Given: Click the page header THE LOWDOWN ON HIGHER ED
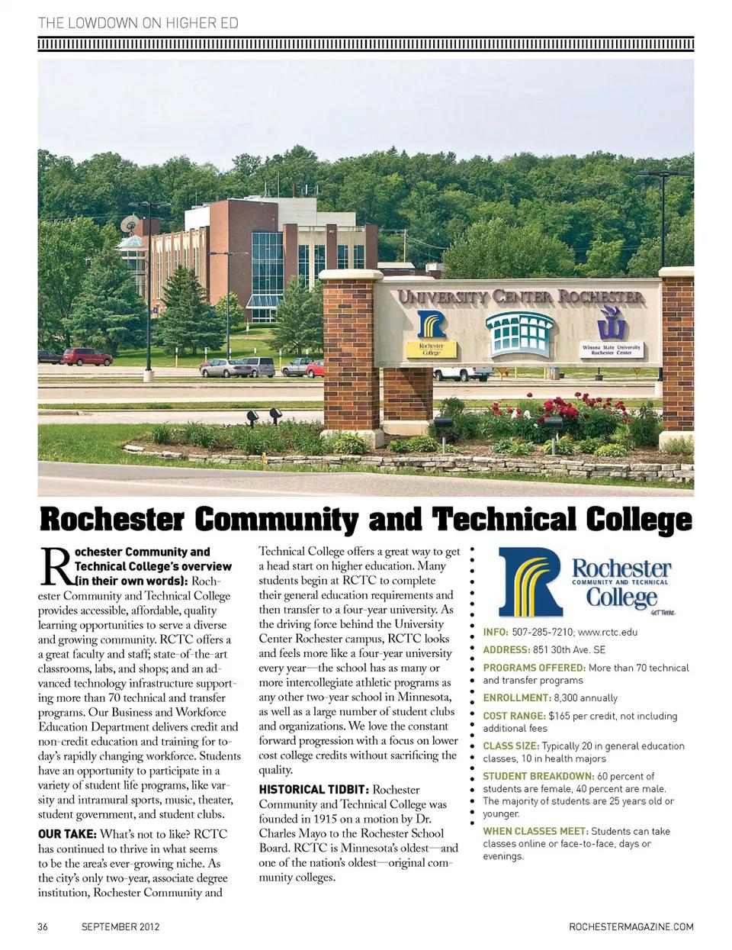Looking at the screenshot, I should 138,23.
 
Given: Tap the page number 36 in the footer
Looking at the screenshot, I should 43,927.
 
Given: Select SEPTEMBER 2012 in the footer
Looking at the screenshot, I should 120,927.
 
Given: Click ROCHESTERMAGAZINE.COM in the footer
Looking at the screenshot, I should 631,927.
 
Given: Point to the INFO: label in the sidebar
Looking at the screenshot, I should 496,632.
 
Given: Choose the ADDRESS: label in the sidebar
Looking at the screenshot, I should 506,650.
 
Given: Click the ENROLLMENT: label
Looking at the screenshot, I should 516,697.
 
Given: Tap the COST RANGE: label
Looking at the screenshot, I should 515,716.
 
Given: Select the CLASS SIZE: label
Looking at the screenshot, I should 511,746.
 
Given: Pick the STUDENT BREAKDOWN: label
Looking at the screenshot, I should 538,776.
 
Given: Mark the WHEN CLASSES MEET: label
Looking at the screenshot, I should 535,831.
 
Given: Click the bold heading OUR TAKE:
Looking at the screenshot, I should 67,834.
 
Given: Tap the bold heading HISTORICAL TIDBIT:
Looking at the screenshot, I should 313,790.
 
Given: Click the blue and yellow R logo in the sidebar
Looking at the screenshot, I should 531,581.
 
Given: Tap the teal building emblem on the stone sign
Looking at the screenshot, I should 521,333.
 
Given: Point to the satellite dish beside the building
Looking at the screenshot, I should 130,224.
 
